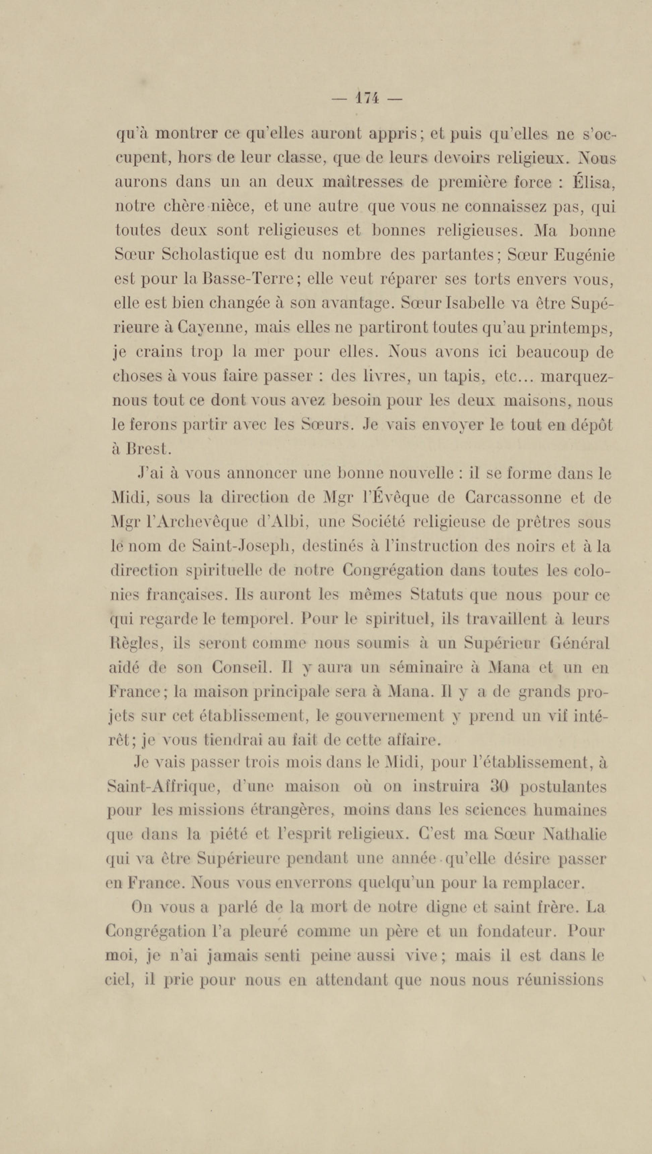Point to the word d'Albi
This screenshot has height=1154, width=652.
(x=281, y=522)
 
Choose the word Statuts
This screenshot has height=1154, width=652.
(x=438, y=595)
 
